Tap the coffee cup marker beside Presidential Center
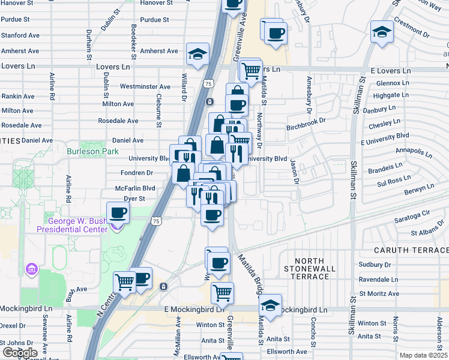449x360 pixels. pyautogui.click(x=118, y=212)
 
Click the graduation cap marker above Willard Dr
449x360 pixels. pyautogui.click(x=197, y=54)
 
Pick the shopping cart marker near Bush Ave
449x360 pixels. pyautogui.click(x=124, y=281)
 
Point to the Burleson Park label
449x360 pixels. pyautogui.click(x=92, y=152)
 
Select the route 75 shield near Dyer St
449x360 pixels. pyautogui.click(x=156, y=221)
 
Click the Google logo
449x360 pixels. pyautogui.click(x=20, y=353)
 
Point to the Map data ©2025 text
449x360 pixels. pyautogui.click(x=423, y=355)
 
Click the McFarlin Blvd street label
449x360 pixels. pyautogui.click(x=135, y=188)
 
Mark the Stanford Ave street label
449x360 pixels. pyautogui.click(x=20, y=35)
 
